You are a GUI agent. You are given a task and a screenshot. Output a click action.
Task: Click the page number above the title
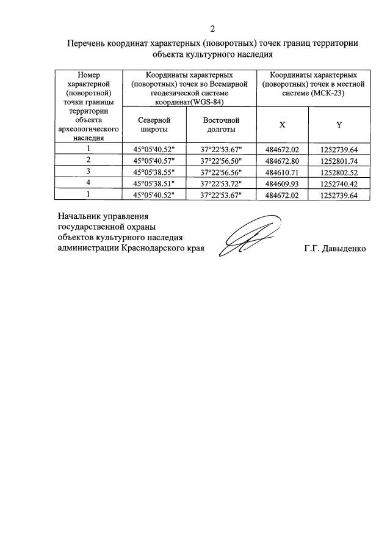[212, 29]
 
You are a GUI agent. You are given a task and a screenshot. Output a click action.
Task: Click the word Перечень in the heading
[85, 43]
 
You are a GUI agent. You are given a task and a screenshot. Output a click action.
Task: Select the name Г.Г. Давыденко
[334, 249]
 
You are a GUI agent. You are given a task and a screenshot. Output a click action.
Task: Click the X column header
[283, 125]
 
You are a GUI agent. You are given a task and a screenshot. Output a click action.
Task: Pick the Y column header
[339, 125]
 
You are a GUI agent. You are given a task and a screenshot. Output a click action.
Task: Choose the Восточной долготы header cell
[221, 125]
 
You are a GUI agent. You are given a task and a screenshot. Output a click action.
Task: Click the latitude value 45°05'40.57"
[153, 160]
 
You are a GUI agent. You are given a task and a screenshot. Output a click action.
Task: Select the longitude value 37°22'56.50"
[221, 160]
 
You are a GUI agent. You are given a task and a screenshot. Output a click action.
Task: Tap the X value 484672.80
[283, 160]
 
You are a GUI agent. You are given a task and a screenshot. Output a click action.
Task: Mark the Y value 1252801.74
[339, 160]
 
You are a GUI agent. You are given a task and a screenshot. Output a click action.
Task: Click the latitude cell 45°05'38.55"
[153, 172]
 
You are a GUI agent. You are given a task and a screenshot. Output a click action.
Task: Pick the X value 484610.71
[283, 172]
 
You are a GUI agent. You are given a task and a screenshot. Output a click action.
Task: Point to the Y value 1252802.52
[339, 172]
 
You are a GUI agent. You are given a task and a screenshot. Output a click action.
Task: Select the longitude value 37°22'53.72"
[221, 183]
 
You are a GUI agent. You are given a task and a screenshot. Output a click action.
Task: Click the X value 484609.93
[283, 183]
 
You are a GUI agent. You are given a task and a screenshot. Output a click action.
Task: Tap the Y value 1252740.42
[339, 183]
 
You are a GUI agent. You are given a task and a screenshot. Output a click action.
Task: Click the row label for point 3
[88, 171]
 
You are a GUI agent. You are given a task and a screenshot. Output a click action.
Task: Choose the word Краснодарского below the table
[151, 249]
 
